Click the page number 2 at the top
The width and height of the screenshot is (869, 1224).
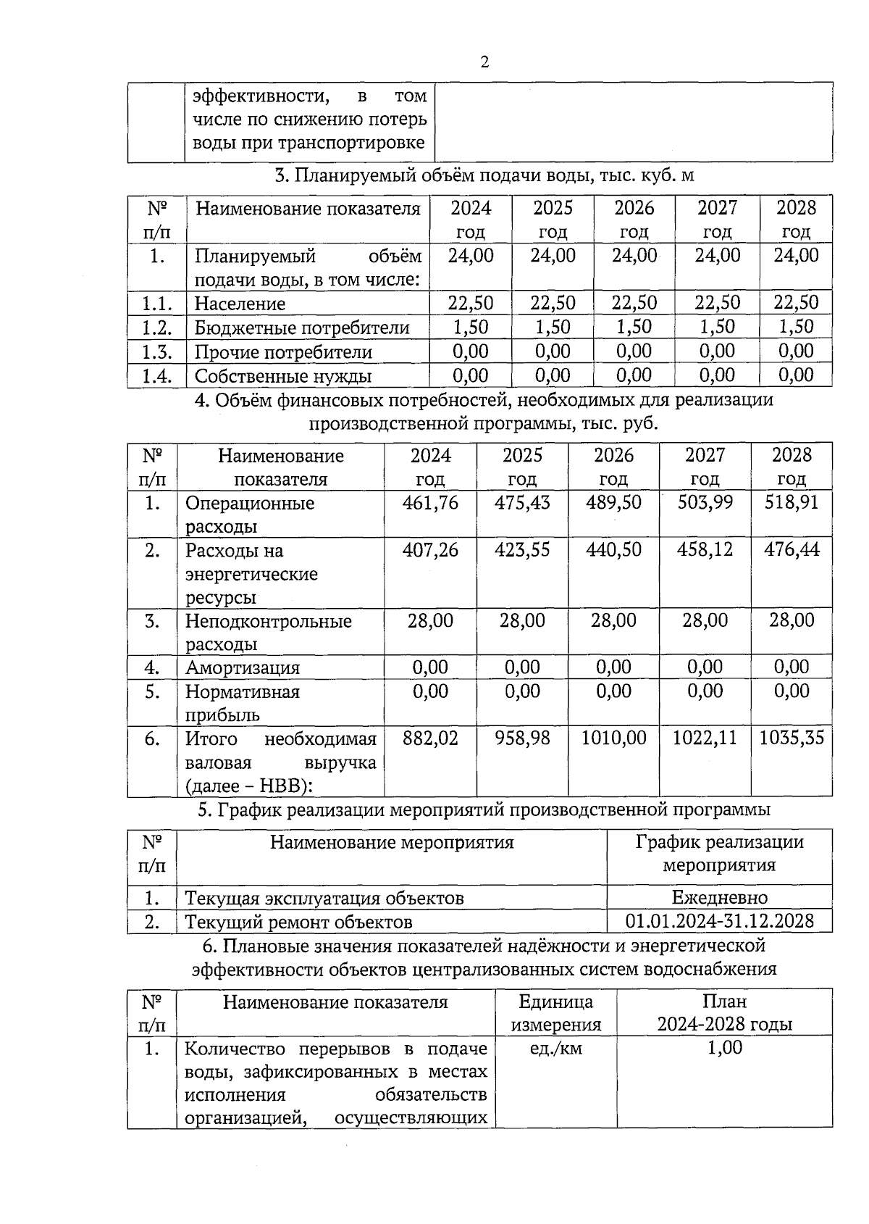pos(484,62)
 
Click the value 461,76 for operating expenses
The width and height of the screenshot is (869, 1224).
pos(430,502)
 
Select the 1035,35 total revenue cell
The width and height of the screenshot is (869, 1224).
pos(792,738)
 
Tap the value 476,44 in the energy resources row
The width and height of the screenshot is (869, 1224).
pos(792,549)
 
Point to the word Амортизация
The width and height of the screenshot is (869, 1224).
pos(243,667)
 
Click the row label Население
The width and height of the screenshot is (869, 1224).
pos(240,304)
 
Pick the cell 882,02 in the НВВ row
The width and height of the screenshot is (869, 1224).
pos(430,738)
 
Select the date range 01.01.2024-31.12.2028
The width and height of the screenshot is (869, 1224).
pos(719,921)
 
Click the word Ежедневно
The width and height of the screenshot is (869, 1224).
pos(719,897)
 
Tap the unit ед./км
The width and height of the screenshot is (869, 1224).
pos(555,1048)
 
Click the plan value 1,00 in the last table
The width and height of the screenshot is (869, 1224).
pos(724,1047)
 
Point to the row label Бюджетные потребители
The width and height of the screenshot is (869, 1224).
pos(302,328)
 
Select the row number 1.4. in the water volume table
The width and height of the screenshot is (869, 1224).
pos(156,375)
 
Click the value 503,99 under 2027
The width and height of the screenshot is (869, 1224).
pos(705,502)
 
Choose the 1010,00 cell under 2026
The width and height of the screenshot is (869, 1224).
pos(613,738)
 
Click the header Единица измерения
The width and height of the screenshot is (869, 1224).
pos(555,1012)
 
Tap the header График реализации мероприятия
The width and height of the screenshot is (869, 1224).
pos(719,853)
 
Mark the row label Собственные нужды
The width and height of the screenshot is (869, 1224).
pos(283,375)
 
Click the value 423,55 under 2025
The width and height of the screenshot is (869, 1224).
pos(521,549)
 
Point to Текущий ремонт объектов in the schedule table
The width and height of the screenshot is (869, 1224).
pos(298,922)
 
